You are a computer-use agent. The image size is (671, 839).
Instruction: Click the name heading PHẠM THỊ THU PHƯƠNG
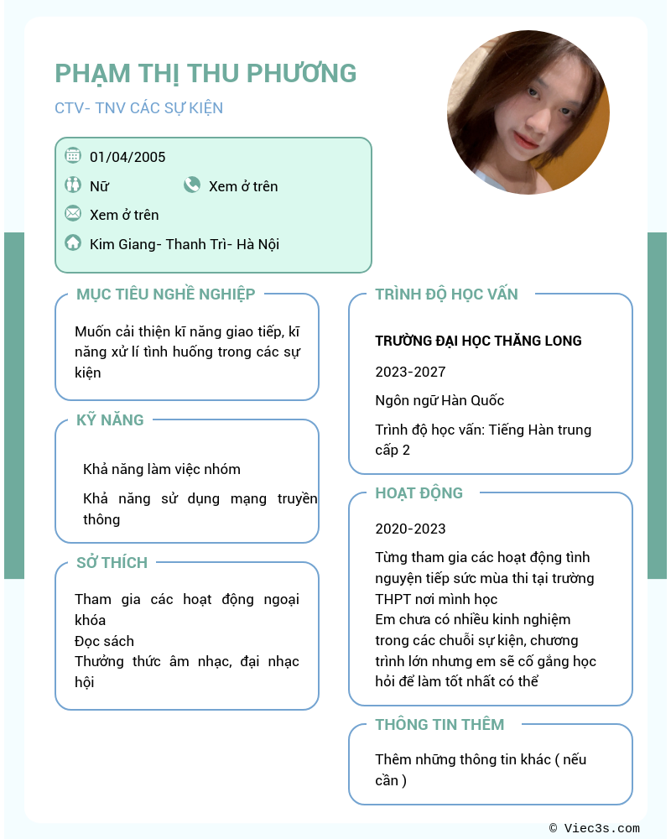[205, 73]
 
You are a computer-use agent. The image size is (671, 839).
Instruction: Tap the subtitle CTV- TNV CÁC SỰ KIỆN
[138, 108]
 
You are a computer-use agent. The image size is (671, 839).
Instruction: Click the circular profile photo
[528, 112]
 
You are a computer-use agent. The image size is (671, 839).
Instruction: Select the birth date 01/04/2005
[127, 157]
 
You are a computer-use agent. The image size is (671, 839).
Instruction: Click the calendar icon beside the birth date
[73, 155]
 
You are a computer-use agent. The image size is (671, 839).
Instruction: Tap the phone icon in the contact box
[192, 185]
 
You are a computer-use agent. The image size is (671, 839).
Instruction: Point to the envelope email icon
[73, 213]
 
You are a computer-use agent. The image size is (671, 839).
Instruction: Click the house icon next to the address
[73, 243]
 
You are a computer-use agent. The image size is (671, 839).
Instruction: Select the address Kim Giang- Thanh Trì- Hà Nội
[185, 244]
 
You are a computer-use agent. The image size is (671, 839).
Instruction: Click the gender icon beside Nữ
[73, 185]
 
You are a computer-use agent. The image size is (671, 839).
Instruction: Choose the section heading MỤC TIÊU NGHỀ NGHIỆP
[165, 294]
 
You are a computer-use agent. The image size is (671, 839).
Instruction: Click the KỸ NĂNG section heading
[110, 419]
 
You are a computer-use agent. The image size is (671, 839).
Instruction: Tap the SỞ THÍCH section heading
[112, 562]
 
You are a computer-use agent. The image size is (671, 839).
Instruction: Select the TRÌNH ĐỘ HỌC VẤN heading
[446, 294]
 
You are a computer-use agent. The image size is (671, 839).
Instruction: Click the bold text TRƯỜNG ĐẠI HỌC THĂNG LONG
[478, 341]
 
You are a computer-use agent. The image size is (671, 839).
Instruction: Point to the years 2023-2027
[410, 372]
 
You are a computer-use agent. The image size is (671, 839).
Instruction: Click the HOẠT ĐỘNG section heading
[419, 492]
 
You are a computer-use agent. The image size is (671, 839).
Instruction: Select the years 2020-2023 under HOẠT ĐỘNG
[410, 529]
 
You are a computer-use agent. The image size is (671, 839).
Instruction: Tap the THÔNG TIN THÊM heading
[440, 724]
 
